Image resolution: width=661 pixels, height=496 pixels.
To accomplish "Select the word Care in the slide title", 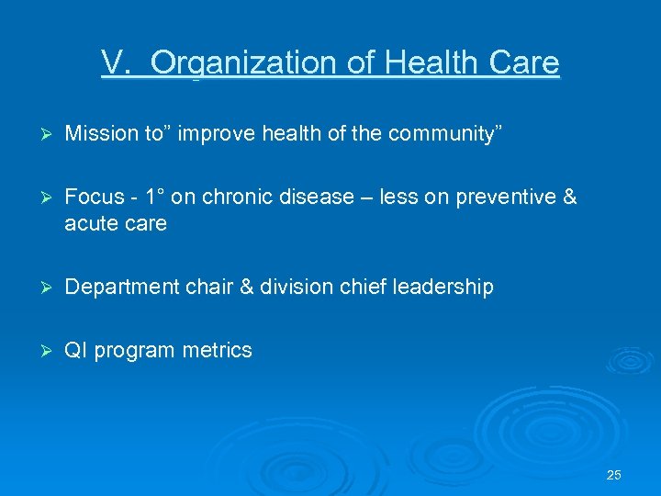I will pyautogui.click(x=523, y=63).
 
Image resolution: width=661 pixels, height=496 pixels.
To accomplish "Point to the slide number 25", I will pyautogui.click(x=614, y=475).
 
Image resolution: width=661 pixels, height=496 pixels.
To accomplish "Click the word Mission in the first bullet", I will pyautogui.click(x=96, y=134).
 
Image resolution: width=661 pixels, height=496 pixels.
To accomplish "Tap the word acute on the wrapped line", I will pyautogui.click(x=92, y=223).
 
